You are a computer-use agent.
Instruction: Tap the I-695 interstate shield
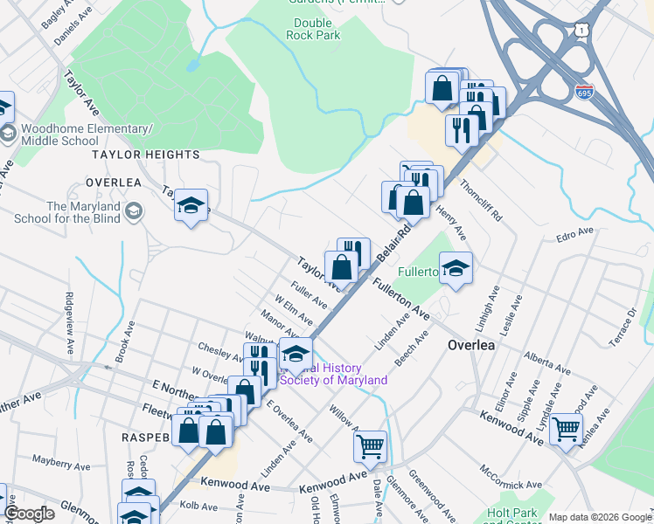tap(585, 92)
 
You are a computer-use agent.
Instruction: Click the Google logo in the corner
tap(28, 513)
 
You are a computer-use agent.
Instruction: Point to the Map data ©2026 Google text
tap(598, 517)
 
